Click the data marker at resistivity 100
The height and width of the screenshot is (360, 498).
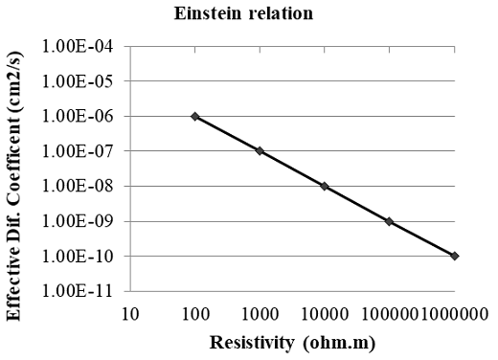click(195, 116)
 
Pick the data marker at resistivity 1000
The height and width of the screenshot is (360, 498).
click(260, 151)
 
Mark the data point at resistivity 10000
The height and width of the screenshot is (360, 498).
click(325, 186)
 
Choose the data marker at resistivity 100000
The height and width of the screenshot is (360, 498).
click(390, 221)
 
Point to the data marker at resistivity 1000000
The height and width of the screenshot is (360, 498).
click(454, 256)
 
